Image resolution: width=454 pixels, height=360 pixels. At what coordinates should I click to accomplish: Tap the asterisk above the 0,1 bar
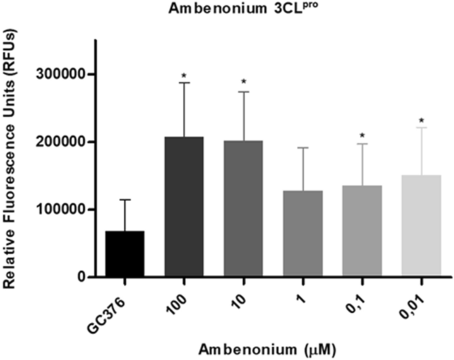[x=363, y=137]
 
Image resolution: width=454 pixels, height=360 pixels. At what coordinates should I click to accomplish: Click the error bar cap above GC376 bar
[x=124, y=200]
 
